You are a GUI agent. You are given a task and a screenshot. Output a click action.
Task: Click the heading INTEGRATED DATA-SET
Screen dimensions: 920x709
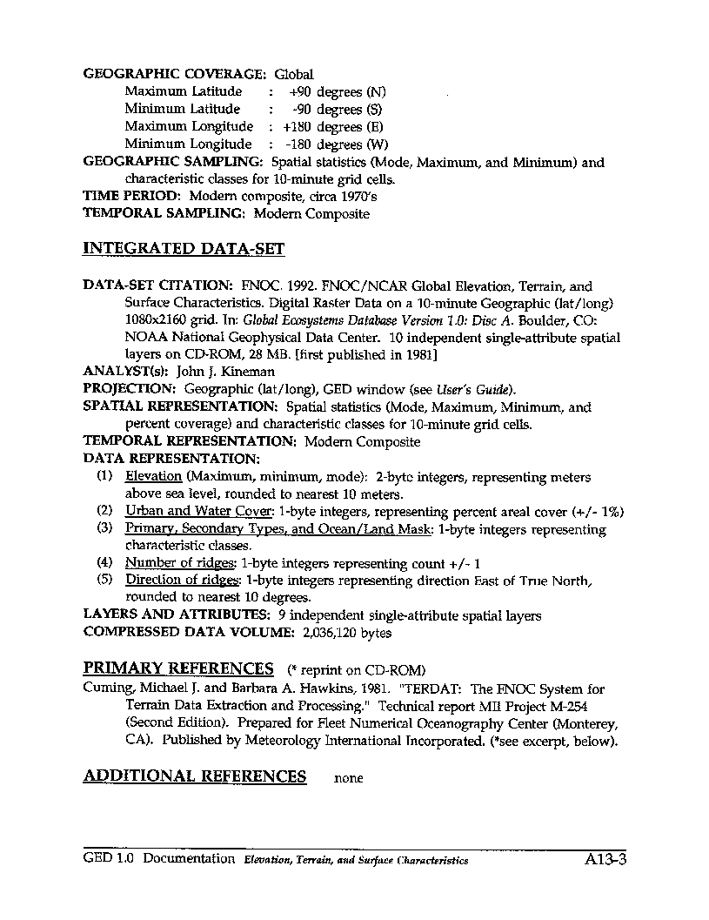[x=184, y=249]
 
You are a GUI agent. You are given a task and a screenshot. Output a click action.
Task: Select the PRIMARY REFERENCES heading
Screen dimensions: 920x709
[x=178, y=668]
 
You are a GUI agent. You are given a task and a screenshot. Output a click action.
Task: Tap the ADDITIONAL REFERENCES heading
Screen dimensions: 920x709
[x=194, y=776]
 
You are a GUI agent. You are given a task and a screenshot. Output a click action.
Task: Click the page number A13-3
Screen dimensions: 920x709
[x=606, y=861]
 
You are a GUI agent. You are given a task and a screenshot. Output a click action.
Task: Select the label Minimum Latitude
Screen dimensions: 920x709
[x=182, y=110]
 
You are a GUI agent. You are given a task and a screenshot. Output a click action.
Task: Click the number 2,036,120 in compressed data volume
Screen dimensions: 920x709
[x=329, y=633]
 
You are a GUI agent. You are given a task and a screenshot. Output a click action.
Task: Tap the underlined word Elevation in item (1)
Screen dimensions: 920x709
[x=153, y=477]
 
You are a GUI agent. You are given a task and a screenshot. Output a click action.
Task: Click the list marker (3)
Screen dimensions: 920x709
[x=104, y=529]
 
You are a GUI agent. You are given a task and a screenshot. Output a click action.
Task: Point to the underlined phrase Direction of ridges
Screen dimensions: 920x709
[x=182, y=581]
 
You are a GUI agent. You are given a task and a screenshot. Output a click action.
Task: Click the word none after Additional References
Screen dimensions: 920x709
[x=348, y=778]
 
